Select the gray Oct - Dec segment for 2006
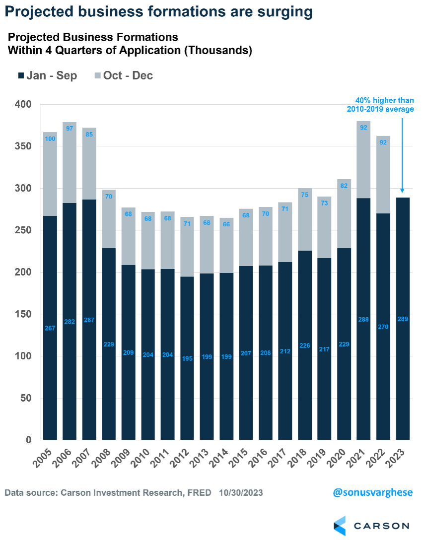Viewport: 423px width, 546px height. point(70,164)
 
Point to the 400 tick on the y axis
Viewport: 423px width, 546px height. point(22,105)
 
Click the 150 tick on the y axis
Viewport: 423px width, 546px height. point(22,314)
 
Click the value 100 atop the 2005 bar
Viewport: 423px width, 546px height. point(50,138)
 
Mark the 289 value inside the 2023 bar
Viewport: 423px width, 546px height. point(402,319)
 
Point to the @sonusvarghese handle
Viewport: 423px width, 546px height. point(372,493)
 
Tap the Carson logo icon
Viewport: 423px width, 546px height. point(340,526)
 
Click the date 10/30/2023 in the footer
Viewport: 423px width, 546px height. point(239,493)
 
